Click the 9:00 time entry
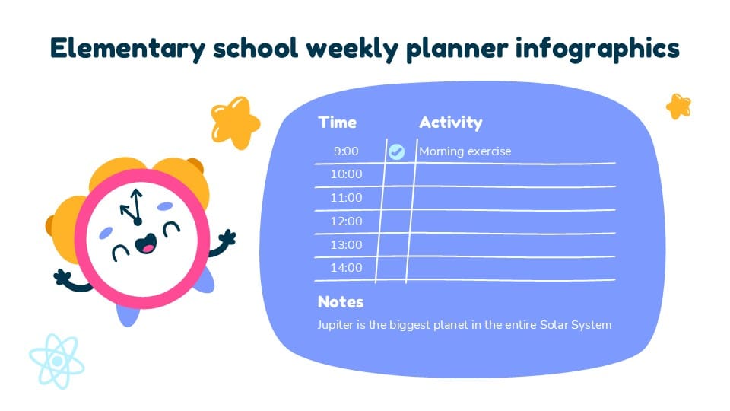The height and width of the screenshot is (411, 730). [346, 151]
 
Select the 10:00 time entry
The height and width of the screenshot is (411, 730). [346, 174]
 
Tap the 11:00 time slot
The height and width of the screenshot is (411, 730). [346, 198]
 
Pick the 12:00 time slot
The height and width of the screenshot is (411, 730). [346, 221]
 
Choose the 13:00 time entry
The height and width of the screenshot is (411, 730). [346, 245]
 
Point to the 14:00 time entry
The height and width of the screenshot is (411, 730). [346, 268]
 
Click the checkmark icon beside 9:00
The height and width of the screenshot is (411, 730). [396, 151]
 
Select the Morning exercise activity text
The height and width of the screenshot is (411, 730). [465, 151]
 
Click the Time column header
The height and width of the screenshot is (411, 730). [337, 123]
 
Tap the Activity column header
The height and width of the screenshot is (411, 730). [450, 123]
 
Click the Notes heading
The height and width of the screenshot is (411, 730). [341, 302]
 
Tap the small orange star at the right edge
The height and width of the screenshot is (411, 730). [678, 107]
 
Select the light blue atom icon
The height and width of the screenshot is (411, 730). [56, 361]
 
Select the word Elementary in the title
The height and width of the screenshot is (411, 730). [125, 48]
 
